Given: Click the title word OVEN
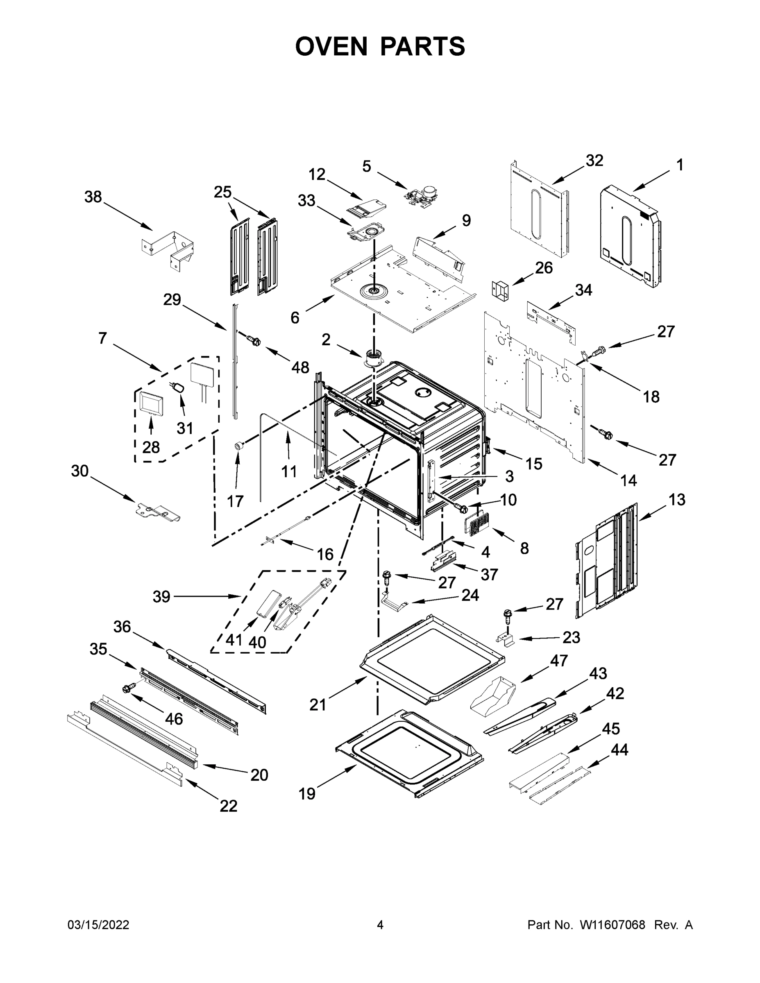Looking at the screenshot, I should click(x=331, y=46).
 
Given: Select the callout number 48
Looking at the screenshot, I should click(x=300, y=367).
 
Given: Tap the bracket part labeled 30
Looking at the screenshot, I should click(x=158, y=513).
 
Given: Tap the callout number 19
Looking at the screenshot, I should click(x=307, y=793).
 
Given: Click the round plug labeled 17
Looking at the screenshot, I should click(x=238, y=446).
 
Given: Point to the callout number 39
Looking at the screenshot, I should click(x=162, y=597).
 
